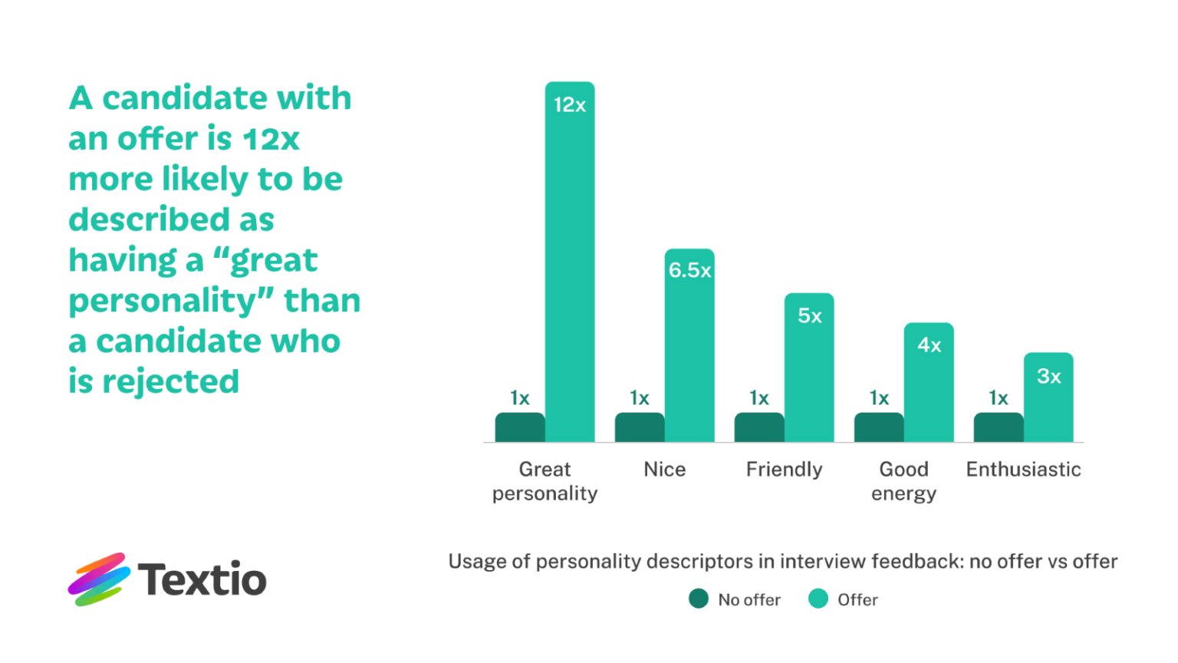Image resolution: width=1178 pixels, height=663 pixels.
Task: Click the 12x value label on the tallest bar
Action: click(x=570, y=105)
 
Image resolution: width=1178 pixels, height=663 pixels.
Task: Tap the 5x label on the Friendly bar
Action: click(x=809, y=315)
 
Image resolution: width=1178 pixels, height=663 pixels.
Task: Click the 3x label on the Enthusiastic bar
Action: click(x=1048, y=376)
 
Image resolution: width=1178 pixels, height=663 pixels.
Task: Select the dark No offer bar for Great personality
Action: click(x=520, y=427)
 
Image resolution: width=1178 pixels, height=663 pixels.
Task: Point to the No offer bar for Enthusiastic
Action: click(x=999, y=427)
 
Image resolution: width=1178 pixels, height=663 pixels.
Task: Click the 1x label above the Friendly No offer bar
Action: click(x=759, y=397)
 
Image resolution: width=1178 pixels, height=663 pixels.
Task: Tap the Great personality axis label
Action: click(x=545, y=481)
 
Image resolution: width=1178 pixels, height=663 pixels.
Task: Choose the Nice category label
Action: click(x=665, y=469)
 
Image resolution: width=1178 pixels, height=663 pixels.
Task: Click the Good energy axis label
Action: click(x=903, y=481)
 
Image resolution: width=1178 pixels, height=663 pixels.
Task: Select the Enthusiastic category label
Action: click(x=1023, y=469)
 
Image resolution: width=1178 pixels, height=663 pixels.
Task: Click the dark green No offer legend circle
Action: click(x=699, y=599)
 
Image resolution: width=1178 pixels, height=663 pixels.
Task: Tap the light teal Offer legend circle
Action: click(x=818, y=599)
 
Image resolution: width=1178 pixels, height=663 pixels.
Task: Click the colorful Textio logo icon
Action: click(x=97, y=579)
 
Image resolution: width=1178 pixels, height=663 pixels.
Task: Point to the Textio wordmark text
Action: click(x=202, y=579)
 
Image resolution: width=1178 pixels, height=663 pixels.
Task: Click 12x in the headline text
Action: click(x=271, y=139)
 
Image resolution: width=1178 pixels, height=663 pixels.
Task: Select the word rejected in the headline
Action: click(x=170, y=381)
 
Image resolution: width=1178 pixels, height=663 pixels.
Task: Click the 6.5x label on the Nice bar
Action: click(x=689, y=270)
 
